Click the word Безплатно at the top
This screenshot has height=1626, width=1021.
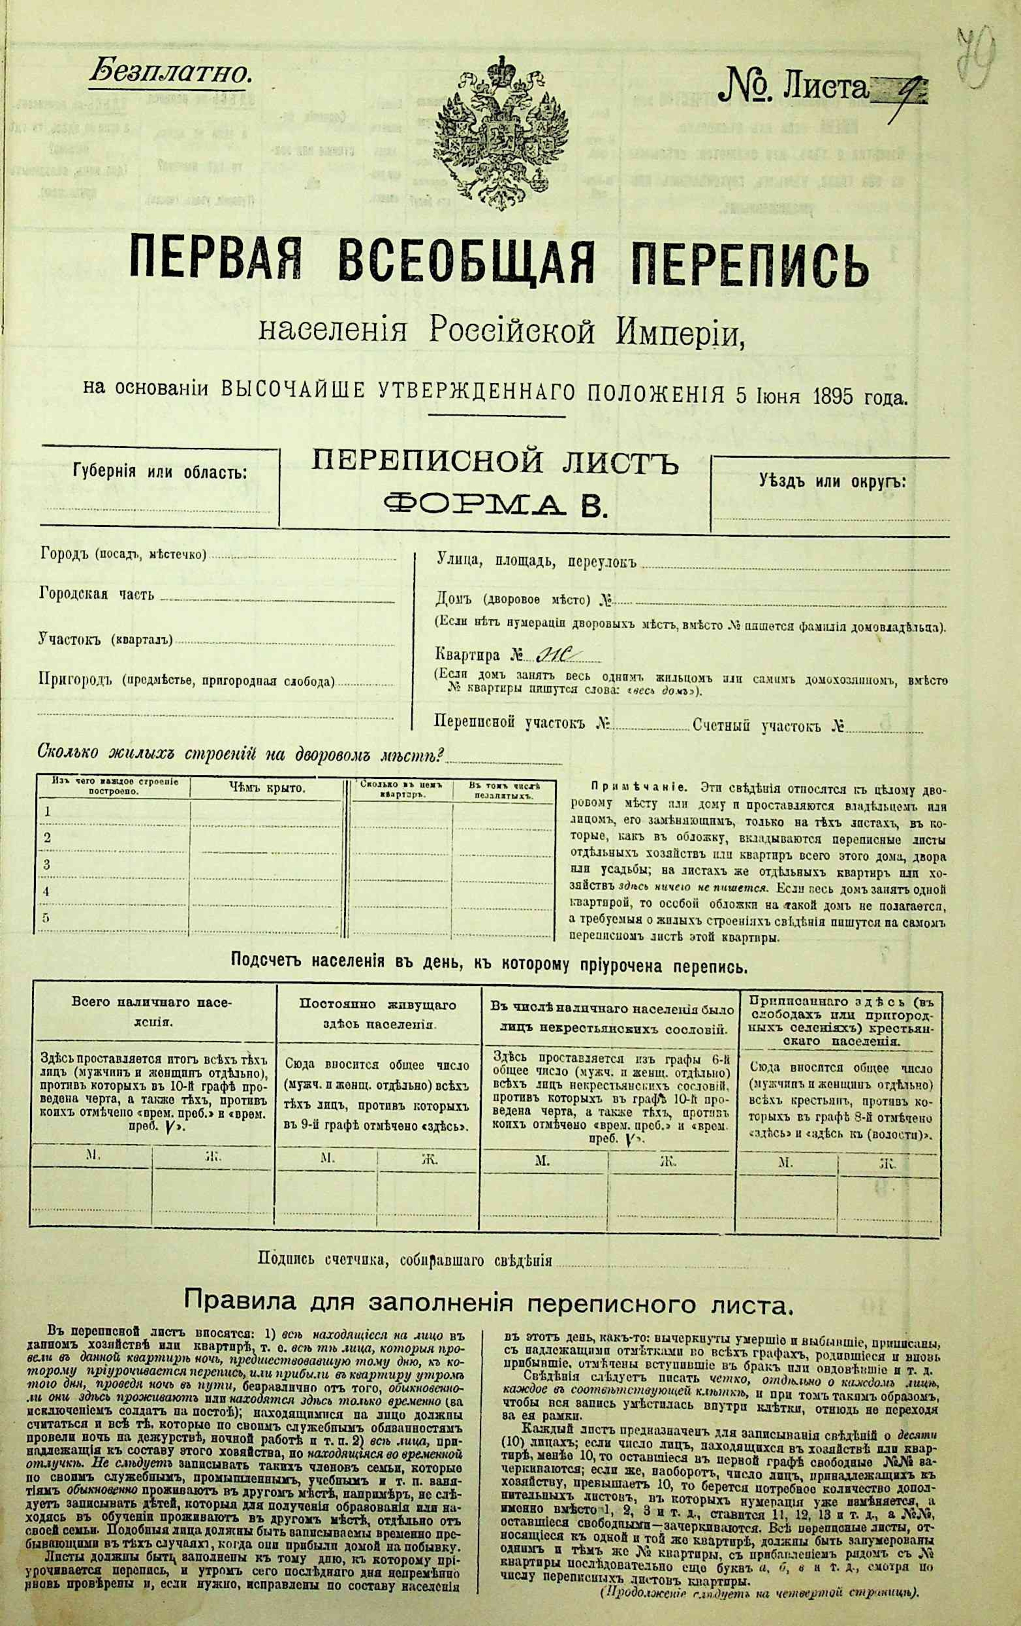pos(170,73)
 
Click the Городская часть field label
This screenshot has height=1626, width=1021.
pos(97,594)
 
